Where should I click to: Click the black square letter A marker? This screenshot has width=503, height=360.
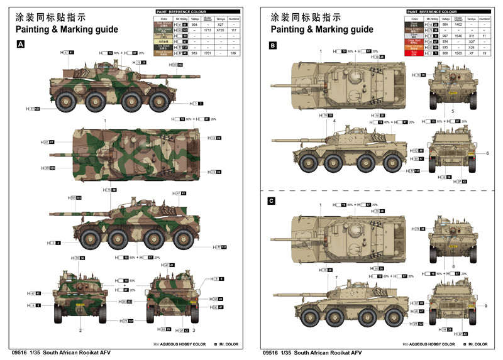pyautogui.click(x=21, y=44)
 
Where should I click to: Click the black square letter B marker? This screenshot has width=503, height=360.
pyautogui.click(x=272, y=46)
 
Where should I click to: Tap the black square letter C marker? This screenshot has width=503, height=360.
pyautogui.click(x=272, y=201)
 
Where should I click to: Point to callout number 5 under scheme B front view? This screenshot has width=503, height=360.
pyautogui.click(x=452, y=111)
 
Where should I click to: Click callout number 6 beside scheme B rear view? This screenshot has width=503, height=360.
pyautogui.click(x=487, y=153)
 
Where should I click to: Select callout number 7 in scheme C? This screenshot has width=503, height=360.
pyautogui.click(x=336, y=278)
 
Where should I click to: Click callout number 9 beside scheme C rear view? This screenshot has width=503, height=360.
pyautogui.click(x=485, y=306)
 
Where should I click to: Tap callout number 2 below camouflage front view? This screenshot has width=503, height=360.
pyautogui.click(x=80, y=329)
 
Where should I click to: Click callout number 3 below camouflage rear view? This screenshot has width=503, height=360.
pyautogui.click(x=194, y=330)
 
